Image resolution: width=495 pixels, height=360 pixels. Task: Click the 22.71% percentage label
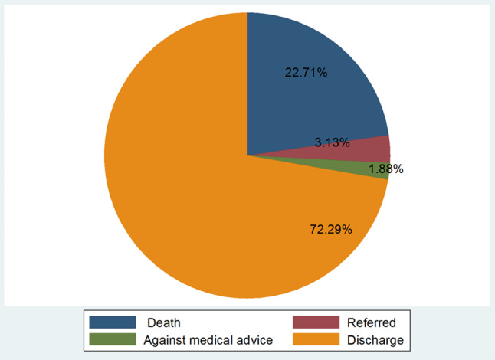point(306,73)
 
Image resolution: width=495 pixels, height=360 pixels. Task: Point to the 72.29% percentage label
point(331,229)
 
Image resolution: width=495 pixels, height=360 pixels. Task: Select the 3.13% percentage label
point(332,142)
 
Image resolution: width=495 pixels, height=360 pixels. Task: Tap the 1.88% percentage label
point(386,169)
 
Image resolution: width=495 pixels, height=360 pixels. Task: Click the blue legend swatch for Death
point(113,322)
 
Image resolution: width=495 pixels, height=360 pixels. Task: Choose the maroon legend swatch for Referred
point(316,322)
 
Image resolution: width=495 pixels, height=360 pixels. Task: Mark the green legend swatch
point(113,339)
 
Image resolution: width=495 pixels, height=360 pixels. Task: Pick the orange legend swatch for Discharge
point(316,339)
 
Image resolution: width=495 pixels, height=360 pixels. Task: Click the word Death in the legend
point(164,322)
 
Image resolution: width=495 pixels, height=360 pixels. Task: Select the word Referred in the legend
point(371,322)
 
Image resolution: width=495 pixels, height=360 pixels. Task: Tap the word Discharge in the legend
point(375,340)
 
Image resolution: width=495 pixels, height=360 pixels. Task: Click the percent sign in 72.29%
point(347,229)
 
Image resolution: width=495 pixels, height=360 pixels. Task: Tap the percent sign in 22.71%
point(323,73)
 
